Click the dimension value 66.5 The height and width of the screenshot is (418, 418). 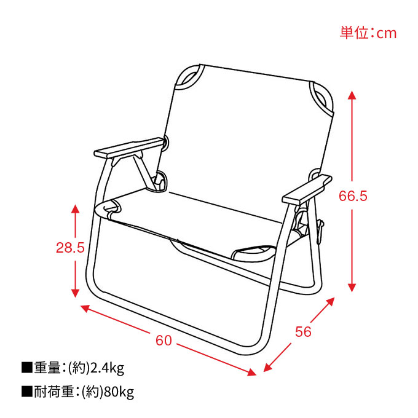[x=353, y=196]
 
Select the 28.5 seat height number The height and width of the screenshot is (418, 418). [x=70, y=247]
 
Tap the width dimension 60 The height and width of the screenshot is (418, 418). [x=164, y=341]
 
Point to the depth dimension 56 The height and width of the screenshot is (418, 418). [x=303, y=331]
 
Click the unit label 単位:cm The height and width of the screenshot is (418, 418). [x=368, y=33]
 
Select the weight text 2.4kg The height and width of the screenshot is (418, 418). [x=108, y=368]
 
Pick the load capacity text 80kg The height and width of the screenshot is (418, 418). [x=119, y=392]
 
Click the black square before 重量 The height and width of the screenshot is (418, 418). [x=27, y=368]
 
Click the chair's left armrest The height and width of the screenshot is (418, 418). [x=128, y=148]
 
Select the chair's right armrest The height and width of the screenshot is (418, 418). [x=307, y=189]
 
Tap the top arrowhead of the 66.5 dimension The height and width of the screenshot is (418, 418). [x=352, y=95]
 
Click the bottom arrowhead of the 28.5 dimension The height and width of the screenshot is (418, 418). [x=76, y=293]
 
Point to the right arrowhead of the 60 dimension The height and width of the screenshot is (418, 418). [x=251, y=372]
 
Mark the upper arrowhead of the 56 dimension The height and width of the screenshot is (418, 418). [x=330, y=301]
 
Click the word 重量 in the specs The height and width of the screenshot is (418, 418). [x=47, y=368]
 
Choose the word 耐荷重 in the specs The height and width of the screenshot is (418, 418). [x=53, y=392]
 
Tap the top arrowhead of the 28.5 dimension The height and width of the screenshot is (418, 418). [x=76, y=209]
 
